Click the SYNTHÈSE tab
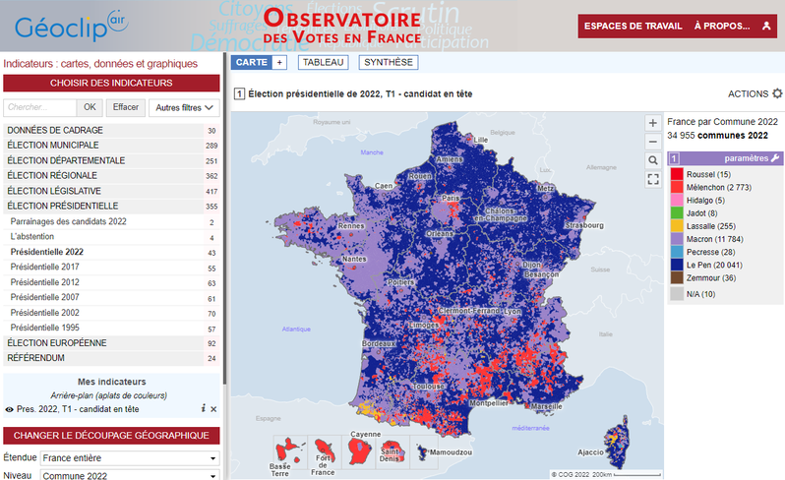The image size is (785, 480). pos(389,62)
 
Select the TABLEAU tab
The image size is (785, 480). pos(323,62)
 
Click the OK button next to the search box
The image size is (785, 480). pos(90,107)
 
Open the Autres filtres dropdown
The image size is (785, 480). pos(184,107)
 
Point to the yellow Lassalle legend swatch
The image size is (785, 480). pos(676,225)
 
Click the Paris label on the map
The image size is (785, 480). pos(452,198)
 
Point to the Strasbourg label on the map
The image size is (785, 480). pos(584,225)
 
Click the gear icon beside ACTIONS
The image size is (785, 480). pos(777,93)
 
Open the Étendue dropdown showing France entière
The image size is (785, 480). pos(129,458)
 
